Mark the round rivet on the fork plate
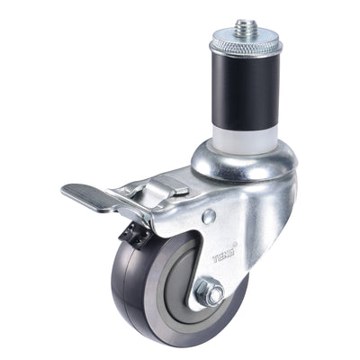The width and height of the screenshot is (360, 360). [208, 216]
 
